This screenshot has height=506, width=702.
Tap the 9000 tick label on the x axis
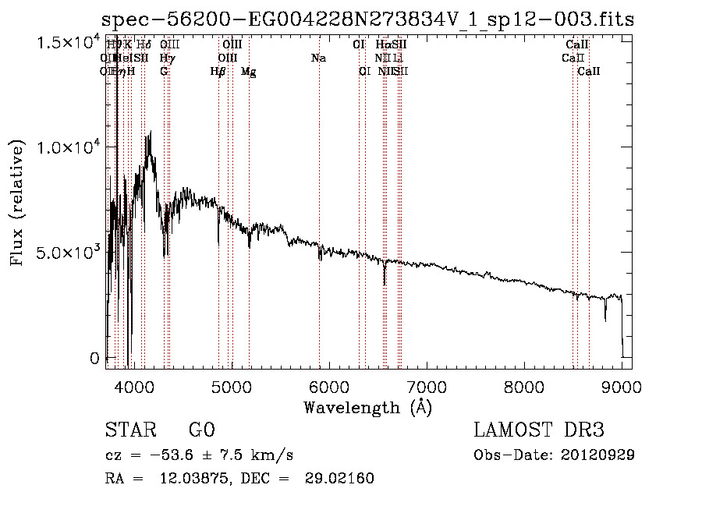[622, 387]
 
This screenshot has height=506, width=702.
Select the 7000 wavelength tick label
[427, 387]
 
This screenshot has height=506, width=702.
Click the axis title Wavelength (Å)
[367, 407]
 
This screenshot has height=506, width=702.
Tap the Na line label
[318, 58]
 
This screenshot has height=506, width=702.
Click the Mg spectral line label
[248, 72]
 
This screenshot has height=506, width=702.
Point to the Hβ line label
[218, 72]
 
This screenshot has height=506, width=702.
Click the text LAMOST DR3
[539, 430]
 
